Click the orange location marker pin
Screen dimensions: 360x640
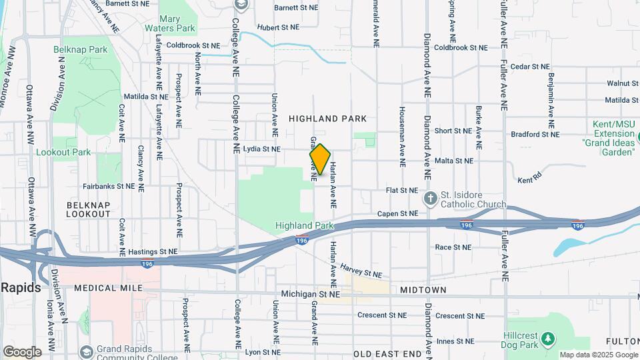pyautogui.click(x=320, y=159)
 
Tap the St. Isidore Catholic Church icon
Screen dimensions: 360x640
pyautogui.click(x=431, y=198)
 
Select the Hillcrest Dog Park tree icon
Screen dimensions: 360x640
pyautogui.click(x=548, y=339)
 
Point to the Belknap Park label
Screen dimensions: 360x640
pyautogui.click(x=81, y=49)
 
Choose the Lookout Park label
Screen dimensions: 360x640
pyautogui.click(x=63, y=152)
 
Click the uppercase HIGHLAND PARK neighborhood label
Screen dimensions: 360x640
pyautogui.click(x=327, y=119)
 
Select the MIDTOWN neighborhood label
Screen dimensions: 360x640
pyautogui.click(x=423, y=290)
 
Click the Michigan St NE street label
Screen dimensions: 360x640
pyautogui.click(x=311, y=293)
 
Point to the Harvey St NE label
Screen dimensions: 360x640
pyautogui.click(x=361, y=270)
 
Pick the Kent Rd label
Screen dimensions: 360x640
pyautogui.click(x=530, y=181)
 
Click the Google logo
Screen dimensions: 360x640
pyautogui.click(x=22, y=351)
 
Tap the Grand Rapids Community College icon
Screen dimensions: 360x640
pyautogui.click(x=86, y=351)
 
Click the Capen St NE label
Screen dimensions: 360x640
pyautogui.click(x=397, y=213)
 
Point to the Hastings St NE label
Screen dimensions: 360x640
pyautogui.click(x=153, y=251)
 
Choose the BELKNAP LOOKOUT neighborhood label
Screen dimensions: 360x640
pyautogui.click(x=89, y=209)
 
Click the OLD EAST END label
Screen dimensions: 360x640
pyautogui.click(x=388, y=354)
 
